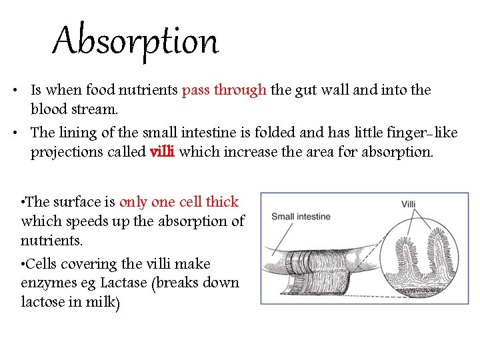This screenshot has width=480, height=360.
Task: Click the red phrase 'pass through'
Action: [x=224, y=90]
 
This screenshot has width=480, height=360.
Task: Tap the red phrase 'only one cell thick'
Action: [x=179, y=202]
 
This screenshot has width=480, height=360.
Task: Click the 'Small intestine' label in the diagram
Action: [x=301, y=217]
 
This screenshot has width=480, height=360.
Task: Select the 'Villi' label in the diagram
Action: [x=409, y=204]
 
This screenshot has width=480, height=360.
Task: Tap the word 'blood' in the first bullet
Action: [x=49, y=108]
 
